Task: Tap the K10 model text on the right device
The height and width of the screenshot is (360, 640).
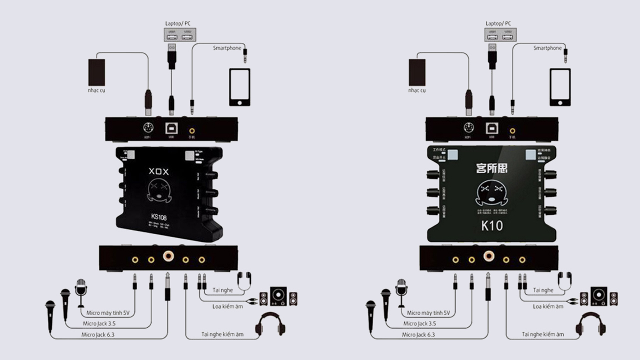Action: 492,225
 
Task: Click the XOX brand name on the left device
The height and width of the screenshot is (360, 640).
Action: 159,171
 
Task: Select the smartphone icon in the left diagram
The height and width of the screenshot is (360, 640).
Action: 239,87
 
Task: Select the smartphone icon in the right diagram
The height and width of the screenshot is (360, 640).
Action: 560,87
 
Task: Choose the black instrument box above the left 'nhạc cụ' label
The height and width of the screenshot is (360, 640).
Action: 96,72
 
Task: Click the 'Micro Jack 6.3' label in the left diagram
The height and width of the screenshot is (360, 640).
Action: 101,334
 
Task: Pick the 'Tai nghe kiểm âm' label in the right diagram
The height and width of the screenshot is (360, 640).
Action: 543,334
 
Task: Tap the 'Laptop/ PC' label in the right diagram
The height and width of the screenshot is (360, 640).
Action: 498,23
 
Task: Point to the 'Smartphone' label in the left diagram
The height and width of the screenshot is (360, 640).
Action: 227,48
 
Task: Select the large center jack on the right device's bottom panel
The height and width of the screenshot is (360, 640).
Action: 488,256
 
